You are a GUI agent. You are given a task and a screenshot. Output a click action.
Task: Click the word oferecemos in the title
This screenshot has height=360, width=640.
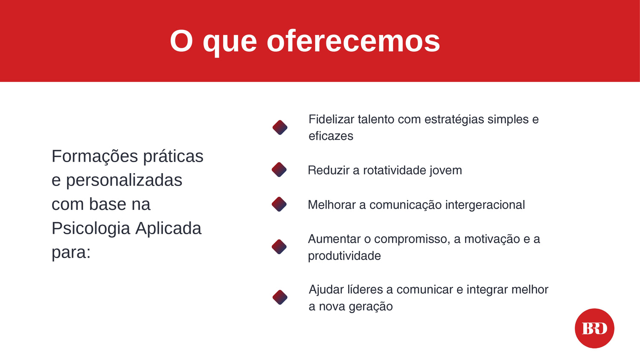[353, 41]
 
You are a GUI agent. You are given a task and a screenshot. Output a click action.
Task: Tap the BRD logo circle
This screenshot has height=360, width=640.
[595, 328]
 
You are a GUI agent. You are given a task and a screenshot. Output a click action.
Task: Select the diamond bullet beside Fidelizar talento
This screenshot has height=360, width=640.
[280, 128]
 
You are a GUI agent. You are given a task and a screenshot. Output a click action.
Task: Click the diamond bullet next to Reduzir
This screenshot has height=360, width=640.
[279, 170]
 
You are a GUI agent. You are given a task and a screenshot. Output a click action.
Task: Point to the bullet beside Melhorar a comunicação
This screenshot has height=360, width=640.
[279, 204]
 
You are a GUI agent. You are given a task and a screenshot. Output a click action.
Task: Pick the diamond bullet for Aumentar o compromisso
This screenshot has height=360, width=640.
[279, 247]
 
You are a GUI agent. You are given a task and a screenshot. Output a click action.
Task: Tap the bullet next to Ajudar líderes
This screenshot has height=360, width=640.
[280, 297]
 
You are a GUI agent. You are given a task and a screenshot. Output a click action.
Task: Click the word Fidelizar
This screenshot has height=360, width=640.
[332, 119]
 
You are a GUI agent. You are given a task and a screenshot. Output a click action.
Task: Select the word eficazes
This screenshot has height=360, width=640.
[331, 136]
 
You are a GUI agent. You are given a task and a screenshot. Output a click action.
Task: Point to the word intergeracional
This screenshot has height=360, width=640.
[485, 205]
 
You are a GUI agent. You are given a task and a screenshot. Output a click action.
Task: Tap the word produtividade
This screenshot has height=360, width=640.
[344, 256]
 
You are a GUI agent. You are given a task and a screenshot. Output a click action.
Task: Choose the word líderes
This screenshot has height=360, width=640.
[365, 290]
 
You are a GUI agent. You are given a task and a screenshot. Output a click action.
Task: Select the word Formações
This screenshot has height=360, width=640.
[95, 157]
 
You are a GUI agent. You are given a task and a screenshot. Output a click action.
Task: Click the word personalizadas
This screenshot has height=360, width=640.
[124, 180]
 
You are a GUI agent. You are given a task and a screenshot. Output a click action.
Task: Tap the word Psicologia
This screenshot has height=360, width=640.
[90, 229]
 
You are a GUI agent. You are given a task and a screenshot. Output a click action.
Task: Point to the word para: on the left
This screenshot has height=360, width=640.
[71, 253]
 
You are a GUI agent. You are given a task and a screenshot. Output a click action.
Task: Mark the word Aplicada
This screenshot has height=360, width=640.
[168, 229]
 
